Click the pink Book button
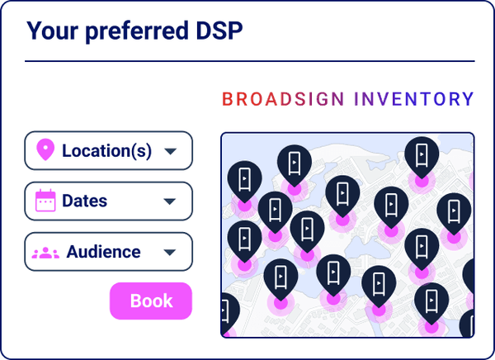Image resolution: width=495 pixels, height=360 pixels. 151,301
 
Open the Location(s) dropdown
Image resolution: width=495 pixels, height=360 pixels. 108,151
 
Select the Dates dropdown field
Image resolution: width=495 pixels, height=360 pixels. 108,201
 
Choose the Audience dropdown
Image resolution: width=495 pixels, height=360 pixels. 108,252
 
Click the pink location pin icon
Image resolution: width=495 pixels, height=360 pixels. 46,150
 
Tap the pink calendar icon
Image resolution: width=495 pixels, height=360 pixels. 45,201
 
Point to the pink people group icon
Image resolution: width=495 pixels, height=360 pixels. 45,253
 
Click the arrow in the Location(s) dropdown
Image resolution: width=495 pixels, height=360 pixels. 170,152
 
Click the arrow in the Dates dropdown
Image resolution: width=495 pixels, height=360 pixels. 170,201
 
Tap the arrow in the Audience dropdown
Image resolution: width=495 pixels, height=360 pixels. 170,253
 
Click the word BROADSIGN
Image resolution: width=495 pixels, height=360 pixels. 283,100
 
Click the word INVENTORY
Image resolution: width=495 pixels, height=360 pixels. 414,100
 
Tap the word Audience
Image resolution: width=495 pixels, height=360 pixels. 103,252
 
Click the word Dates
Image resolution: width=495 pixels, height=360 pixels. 84,201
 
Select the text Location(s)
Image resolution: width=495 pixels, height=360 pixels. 106,151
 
